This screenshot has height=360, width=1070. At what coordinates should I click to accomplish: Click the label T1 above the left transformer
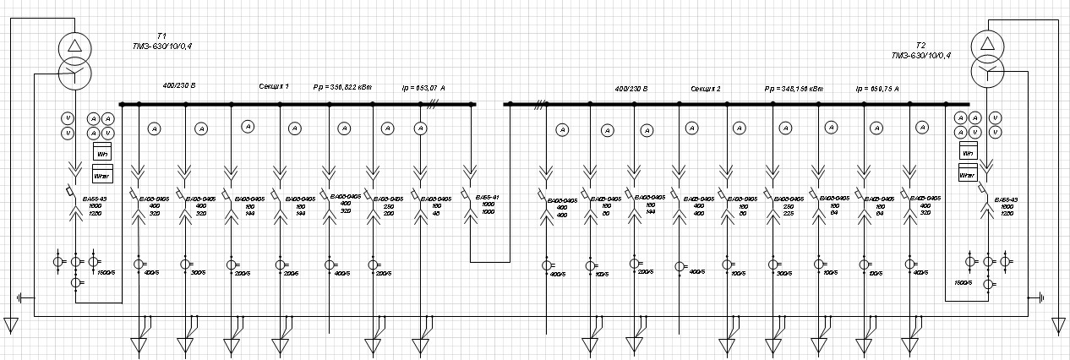(161, 35)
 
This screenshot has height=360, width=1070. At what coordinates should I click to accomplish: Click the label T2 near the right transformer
(920, 45)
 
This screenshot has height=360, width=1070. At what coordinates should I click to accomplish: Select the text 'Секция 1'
(274, 86)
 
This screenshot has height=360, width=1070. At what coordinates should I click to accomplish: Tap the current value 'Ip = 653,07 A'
(423, 86)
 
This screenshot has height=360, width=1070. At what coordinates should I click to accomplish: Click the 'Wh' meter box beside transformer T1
(102, 154)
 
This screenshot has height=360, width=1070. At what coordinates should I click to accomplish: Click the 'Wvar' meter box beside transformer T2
(968, 174)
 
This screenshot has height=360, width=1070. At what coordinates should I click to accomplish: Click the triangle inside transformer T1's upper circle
(74, 45)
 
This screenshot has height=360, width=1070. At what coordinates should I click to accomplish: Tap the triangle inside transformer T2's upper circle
(986, 43)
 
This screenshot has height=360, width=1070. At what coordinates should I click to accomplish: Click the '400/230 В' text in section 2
(631, 88)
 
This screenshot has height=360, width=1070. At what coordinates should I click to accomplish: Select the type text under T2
(920, 55)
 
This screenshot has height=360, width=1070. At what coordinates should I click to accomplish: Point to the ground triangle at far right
(1059, 325)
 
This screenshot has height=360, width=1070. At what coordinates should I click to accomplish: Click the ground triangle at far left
(11, 325)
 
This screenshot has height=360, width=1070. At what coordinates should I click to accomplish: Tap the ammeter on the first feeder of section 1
(154, 128)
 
